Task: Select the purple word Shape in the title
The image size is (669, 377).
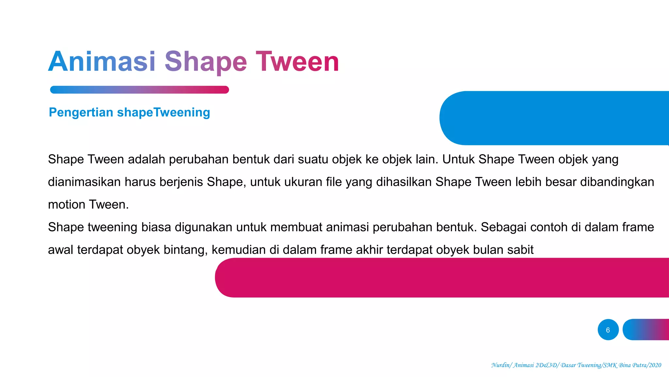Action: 205,62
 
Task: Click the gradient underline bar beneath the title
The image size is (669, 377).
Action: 139,90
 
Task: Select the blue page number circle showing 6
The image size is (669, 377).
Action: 608,330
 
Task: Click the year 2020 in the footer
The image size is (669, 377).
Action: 655,365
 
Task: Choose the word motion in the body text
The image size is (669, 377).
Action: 67,205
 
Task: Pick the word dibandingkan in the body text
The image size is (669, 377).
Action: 617,182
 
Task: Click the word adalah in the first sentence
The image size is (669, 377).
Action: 146,159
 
